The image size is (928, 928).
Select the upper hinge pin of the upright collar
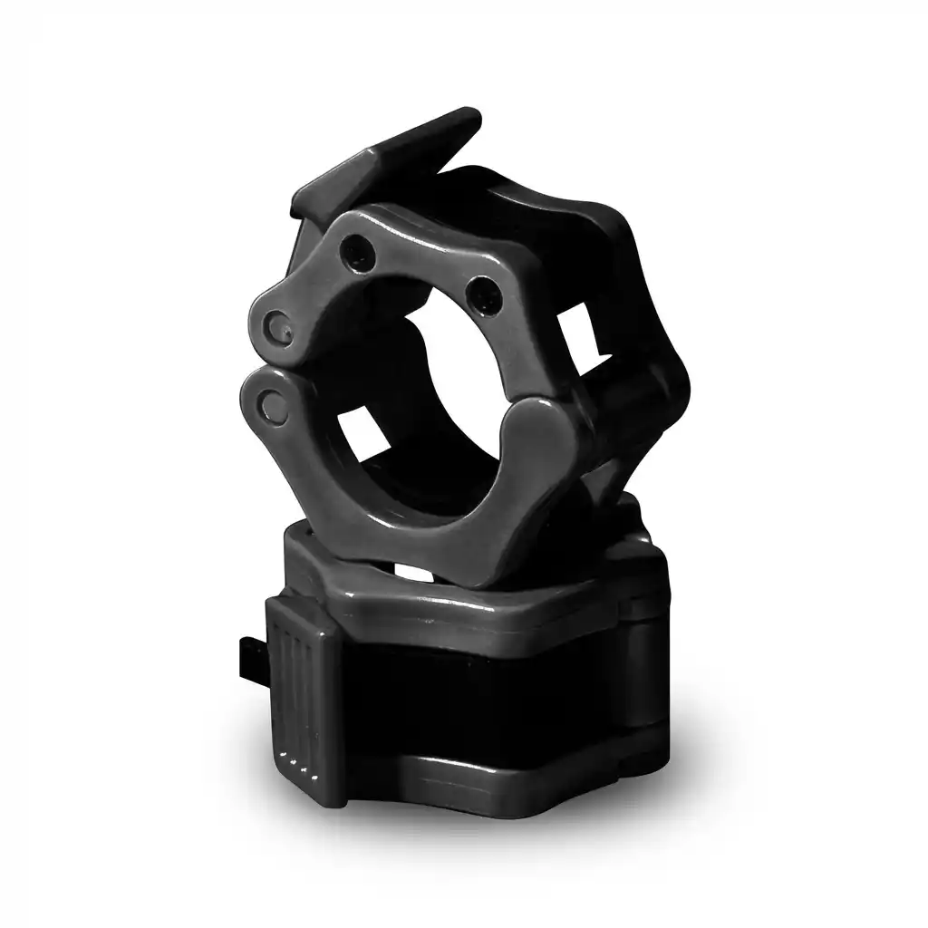tap(275, 324)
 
